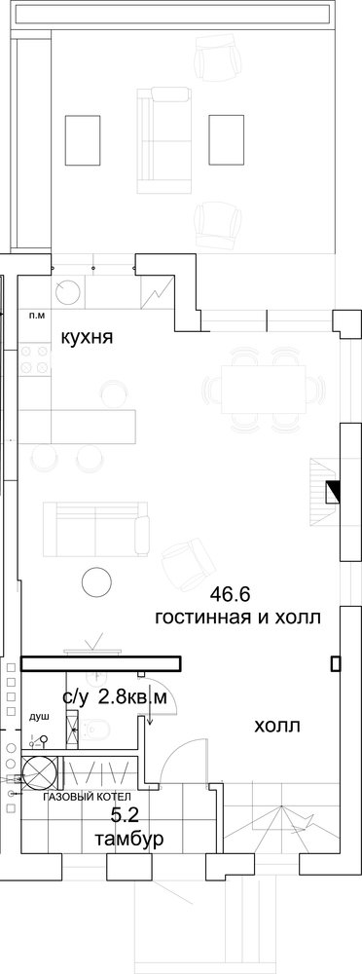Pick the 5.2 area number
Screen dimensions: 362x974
coord(126,814)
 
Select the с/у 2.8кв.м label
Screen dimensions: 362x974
coord(115,697)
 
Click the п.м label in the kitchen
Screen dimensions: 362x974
coord(37,317)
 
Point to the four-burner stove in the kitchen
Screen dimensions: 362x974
coord(35,360)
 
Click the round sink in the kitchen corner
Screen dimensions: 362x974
coord(67,290)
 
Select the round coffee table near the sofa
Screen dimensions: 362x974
coord(96,581)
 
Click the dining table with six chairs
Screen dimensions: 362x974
coord(264,390)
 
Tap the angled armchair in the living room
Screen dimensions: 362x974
coord(188,562)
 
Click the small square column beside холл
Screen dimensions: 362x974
coord(336,664)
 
